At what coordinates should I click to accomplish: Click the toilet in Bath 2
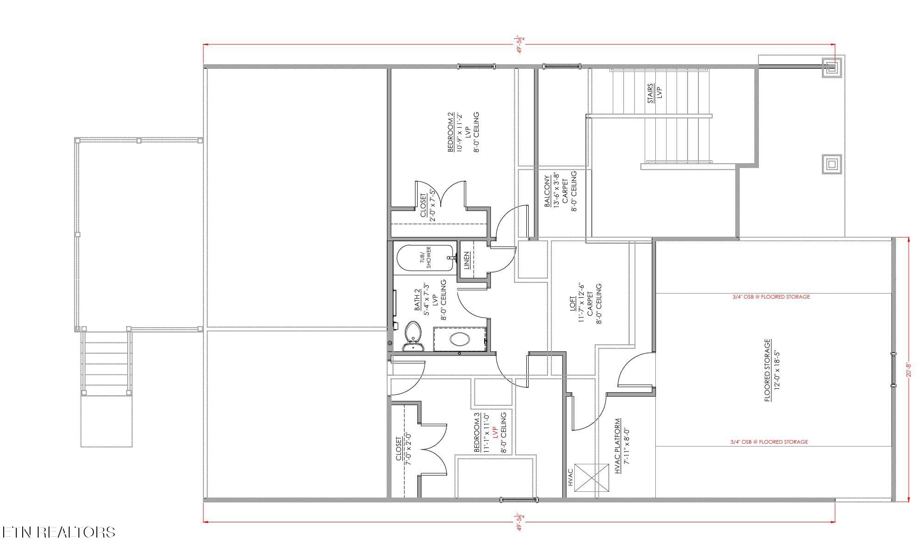413,336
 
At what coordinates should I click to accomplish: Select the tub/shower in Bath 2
425,258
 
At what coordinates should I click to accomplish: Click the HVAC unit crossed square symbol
591,478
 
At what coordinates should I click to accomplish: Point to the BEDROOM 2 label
451,135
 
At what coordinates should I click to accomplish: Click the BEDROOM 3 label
477,433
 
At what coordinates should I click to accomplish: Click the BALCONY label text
548,190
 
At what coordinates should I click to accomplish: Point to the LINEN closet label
467,260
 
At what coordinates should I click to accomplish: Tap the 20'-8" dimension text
908,369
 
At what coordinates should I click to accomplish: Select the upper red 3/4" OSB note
771,297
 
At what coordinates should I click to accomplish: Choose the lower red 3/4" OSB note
769,442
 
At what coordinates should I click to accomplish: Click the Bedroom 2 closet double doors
442,194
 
